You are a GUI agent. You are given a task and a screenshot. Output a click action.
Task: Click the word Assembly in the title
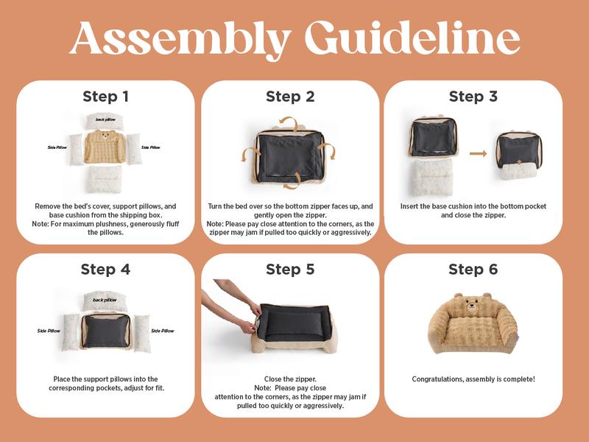point(180,39)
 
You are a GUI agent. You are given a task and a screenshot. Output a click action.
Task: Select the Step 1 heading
point(105,97)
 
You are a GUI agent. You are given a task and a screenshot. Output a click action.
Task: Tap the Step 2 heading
point(290,97)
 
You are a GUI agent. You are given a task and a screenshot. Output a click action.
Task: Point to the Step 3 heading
point(473,97)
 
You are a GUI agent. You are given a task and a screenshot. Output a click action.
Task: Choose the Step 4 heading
point(105,270)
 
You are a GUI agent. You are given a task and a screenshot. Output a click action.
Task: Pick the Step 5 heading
point(290,270)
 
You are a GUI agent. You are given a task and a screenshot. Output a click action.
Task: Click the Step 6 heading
point(473,270)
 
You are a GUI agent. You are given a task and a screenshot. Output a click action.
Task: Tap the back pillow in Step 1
point(105,121)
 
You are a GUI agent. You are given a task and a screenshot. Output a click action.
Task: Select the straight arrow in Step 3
point(478,153)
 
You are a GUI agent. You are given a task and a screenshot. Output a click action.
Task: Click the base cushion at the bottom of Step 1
point(105,179)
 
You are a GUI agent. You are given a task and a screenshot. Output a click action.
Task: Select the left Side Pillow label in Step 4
point(49,331)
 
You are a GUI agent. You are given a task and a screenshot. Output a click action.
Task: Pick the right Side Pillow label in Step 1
point(151,147)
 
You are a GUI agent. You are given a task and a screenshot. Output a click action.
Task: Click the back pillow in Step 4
point(105,300)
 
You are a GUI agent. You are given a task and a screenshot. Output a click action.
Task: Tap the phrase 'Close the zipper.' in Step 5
point(290,379)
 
